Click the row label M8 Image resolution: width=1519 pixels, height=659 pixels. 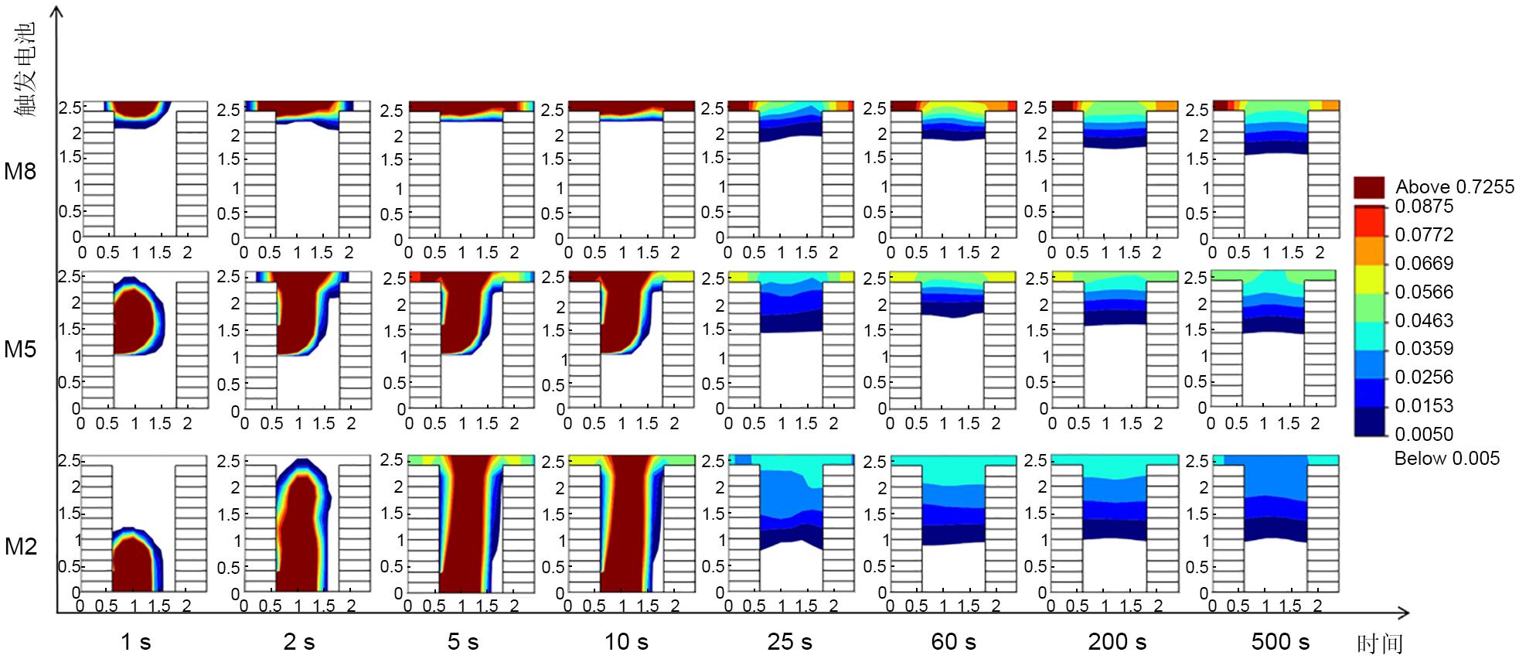coord(20,171)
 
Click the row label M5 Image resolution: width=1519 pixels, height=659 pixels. coord(20,349)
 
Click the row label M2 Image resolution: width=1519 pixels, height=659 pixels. coord(20,547)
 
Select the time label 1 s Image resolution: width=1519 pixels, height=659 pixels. coord(135,641)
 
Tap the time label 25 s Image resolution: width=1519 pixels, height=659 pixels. coord(789,641)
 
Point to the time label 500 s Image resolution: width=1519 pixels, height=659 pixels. coord(1280,641)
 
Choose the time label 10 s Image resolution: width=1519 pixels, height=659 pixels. coord(626,641)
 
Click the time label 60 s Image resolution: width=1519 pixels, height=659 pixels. coord(953,641)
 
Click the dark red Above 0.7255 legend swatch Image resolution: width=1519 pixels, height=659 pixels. coord(1369,187)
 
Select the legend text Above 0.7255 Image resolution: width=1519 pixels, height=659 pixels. coord(1454,187)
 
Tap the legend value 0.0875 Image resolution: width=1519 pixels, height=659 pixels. coord(1424,207)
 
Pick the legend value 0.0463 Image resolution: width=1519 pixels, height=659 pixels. coord(1424,320)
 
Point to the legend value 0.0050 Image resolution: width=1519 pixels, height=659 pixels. coord(1424,434)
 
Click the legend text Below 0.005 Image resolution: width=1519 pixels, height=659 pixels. coord(1446,459)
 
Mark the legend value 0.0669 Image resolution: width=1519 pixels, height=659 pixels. coord(1424,264)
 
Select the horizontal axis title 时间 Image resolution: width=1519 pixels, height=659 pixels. coord(1380,643)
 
